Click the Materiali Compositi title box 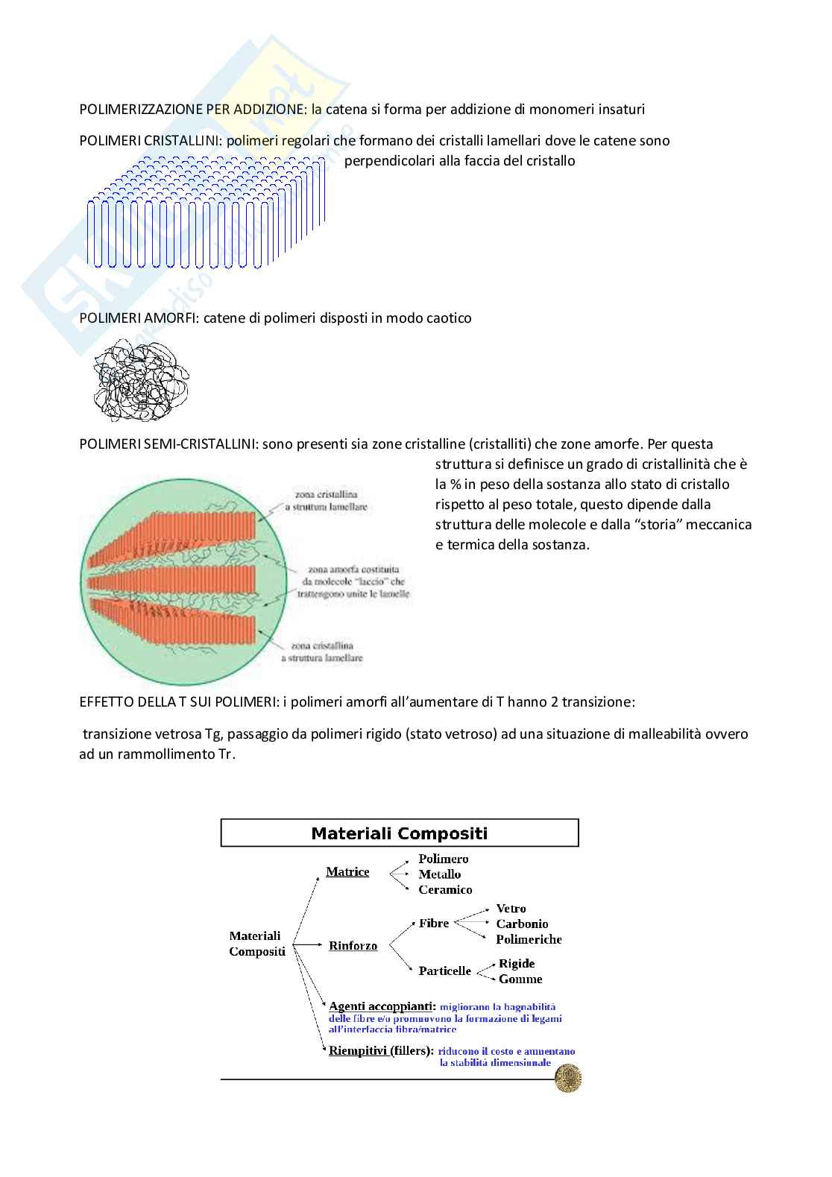tap(400, 833)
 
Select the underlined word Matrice tap(347, 871)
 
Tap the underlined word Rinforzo tap(353, 946)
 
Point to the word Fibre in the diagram tap(434, 923)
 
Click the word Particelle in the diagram tap(444, 971)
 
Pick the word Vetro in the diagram tap(511, 909)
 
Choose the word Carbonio tap(522, 924)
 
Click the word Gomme tap(520, 979)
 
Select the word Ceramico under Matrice tap(445, 889)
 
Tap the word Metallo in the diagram tap(439, 874)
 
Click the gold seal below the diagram tap(568, 1078)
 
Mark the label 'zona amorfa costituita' tap(353, 569)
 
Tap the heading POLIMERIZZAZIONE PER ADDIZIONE tap(192, 110)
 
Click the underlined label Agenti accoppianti tap(382, 1006)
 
